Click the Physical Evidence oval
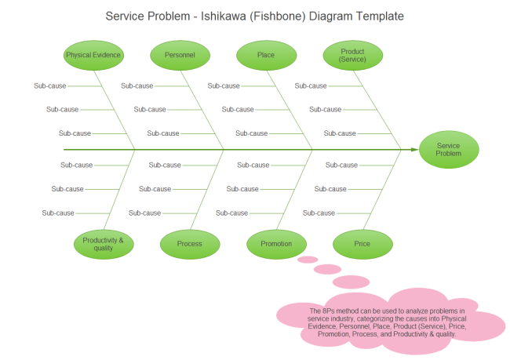pyautogui.click(x=93, y=56)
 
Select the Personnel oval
pyautogui.click(x=180, y=56)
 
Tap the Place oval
pyautogui.click(x=266, y=56)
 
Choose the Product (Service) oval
pyautogui.click(x=352, y=56)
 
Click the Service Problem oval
pyautogui.click(x=448, y=150)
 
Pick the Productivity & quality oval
pyautogui.click(x=103, y=244)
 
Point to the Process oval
pyautogui.click(x=189, y=244)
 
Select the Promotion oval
pyautogui.click(x=276, y=244)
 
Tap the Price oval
pyautogui.click(x=362, y=244)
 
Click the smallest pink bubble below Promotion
pyautogui.click(x=308, y=259)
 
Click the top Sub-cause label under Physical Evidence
pyautogui.click(x=50, y=85)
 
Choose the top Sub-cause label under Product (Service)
pyautogui.click(x=311, y=85)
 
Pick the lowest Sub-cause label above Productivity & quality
pyautogui.click(x=58, y=213)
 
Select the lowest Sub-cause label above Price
pyautogui.click(x=319, y=213)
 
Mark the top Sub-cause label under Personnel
pyautogui.click(x=137, y=85)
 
